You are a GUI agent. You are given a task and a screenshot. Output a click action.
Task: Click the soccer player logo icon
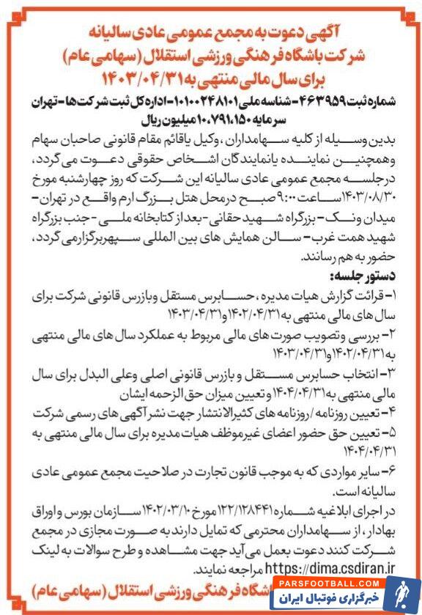401,594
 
